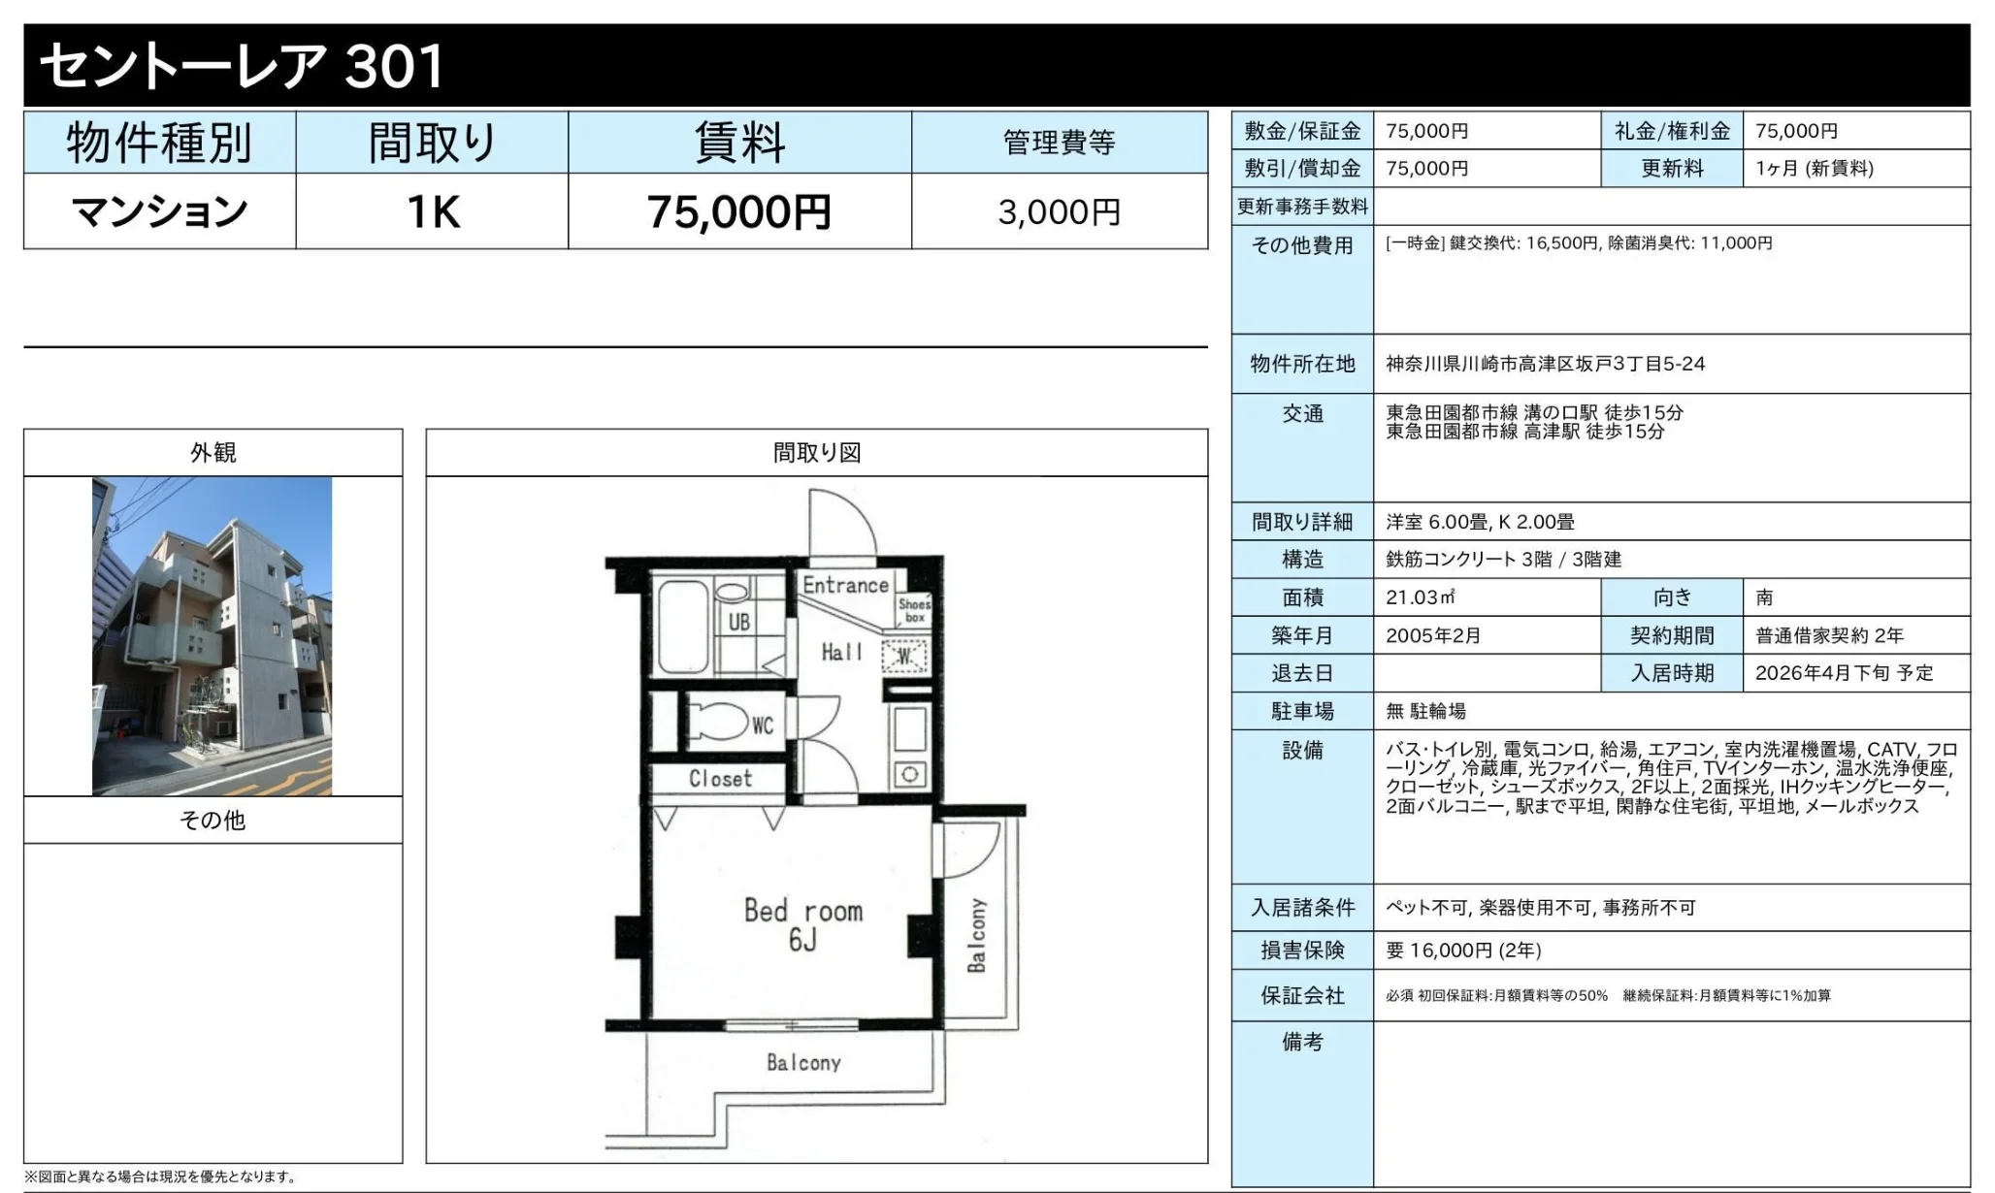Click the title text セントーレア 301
(242, 66)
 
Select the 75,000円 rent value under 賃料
(739, 211)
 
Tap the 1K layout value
(433, 211)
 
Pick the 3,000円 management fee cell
(1060, 211)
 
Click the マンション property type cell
(160, 211)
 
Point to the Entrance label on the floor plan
(845, 585)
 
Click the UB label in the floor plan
(739, 622)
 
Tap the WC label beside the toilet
(763, 725)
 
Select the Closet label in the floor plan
(720, 778)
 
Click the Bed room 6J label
(803, 923)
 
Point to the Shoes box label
(914, 610)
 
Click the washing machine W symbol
(905, 657)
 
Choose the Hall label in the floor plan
(841, 652)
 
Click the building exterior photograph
(213, 636)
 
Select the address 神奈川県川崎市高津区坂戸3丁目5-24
(1545, 364)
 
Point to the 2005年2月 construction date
(1433, 635)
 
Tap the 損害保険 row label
(1302, 951)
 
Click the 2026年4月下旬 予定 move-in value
(1844, 673)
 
